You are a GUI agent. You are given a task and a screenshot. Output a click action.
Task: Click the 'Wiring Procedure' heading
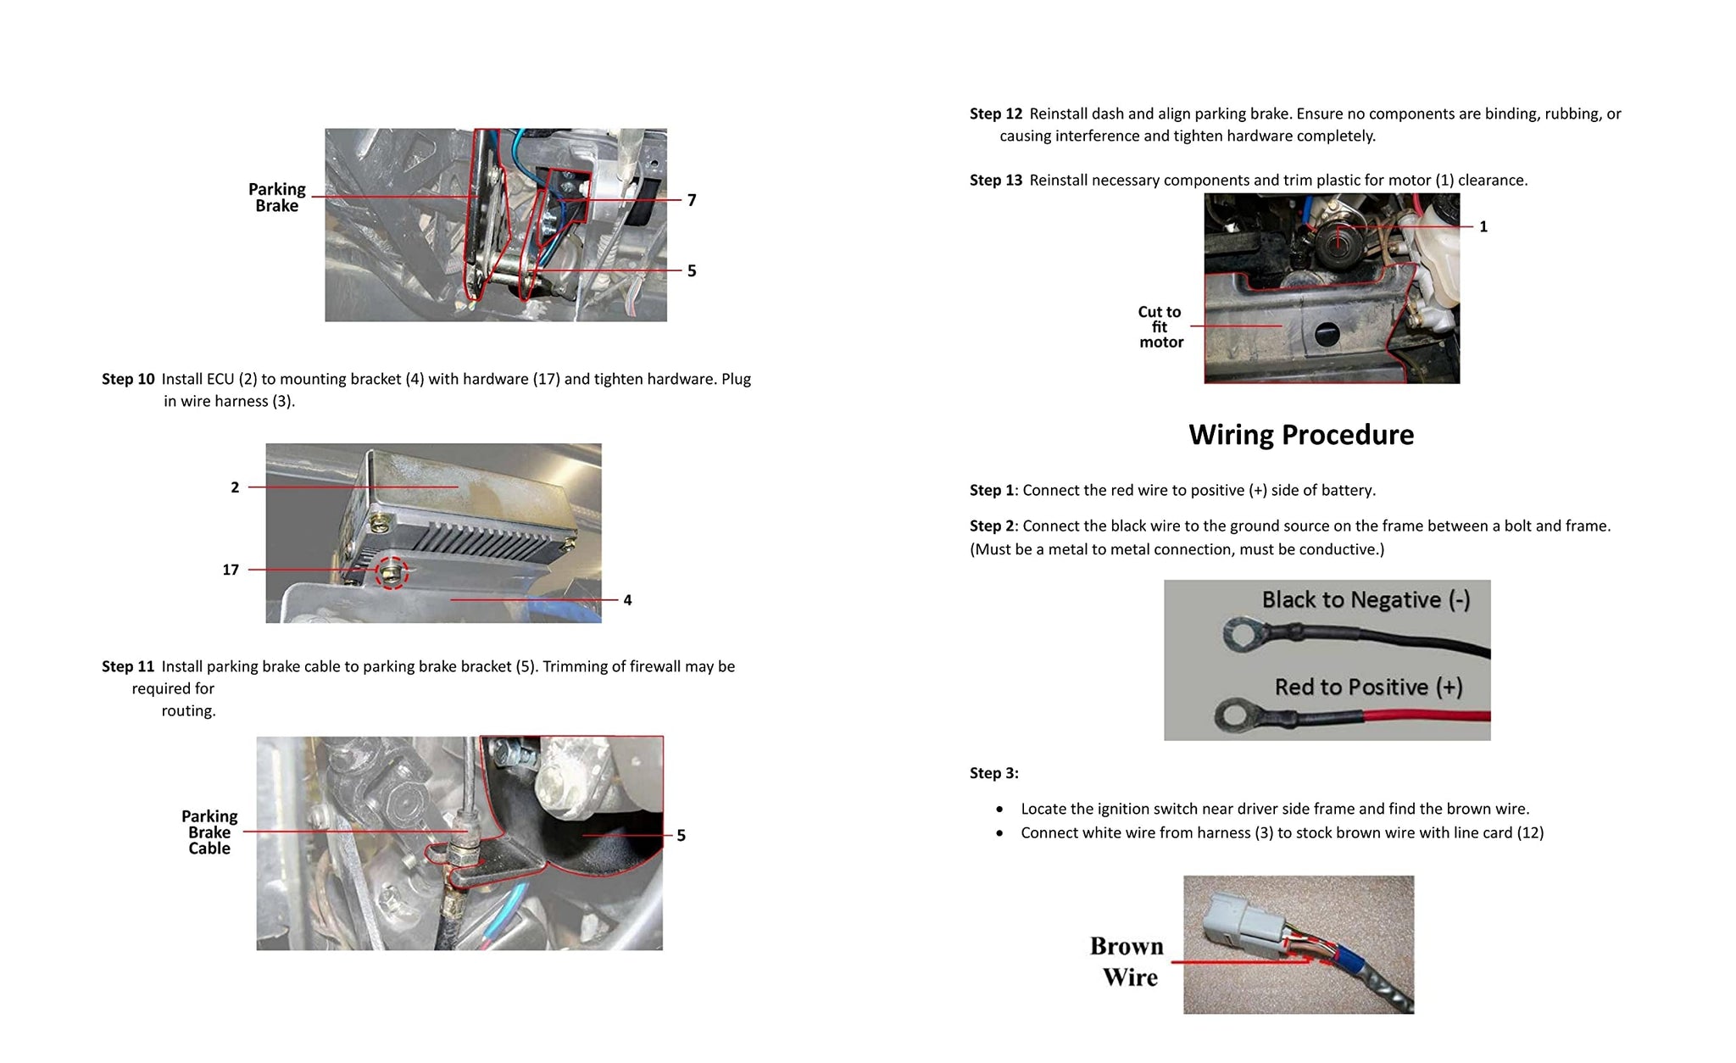(1301, 435)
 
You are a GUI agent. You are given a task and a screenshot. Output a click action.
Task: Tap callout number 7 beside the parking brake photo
(692, 200)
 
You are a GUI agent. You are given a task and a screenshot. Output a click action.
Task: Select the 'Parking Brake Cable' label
(209, 832)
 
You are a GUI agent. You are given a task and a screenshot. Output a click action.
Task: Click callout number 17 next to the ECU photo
(231, 570)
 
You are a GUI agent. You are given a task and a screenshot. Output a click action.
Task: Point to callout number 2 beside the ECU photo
(235, 487)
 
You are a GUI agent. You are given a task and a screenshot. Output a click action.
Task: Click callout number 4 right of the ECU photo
(627, 600)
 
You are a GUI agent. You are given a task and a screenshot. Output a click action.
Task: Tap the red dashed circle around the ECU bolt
(392, 574)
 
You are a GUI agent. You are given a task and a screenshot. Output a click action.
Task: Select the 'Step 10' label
(128, 379)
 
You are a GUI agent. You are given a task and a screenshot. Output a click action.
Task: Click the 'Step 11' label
(128, 666)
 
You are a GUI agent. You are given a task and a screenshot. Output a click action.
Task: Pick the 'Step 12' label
(996, 114)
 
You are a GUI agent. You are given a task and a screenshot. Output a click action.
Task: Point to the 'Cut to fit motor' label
(1160, 327)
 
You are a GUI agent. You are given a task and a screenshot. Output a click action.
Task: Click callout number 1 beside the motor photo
(1483, 226)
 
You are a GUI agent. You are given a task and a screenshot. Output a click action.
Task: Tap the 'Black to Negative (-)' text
(1366, 600)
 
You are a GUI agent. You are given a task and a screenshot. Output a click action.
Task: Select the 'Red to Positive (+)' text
(1368, 687)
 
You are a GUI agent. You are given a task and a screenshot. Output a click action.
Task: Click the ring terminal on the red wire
(1237, 715)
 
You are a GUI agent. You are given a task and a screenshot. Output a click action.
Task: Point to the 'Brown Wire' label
(1128, 961)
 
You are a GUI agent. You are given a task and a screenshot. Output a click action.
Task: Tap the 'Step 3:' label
(993, 773)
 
